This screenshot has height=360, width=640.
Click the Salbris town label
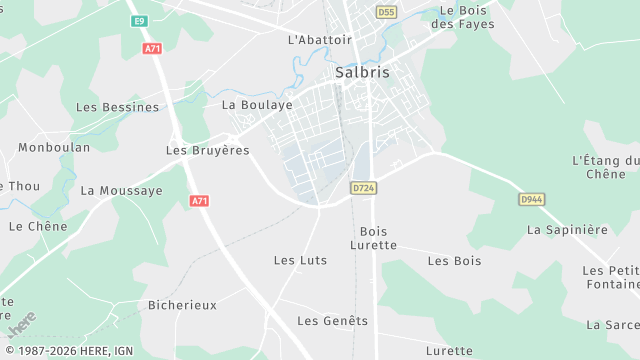click(362, 72)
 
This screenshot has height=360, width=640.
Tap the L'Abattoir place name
click(320, 40)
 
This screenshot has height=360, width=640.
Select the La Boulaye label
click(257, 104)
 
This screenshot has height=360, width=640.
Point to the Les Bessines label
click(117, 107)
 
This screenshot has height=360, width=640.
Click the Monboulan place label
click(54, 147)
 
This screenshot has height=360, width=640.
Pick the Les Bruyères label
click(207, 150)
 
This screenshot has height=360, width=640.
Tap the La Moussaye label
click(121, 190)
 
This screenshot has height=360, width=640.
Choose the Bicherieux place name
click(182, 304)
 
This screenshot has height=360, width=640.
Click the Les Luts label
click(300, 260)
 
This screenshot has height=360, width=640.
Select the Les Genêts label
click(332, 321)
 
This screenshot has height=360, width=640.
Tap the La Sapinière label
click(567, 229)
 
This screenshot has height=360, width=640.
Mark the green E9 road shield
click(138, 21)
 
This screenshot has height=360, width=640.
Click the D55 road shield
click(387, 12)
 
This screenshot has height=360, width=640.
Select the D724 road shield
click(364, 187)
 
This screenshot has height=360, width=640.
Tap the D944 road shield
click(532, 199)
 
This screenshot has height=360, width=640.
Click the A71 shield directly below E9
click(152, 48)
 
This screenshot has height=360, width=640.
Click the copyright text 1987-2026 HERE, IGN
click(67, 351)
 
